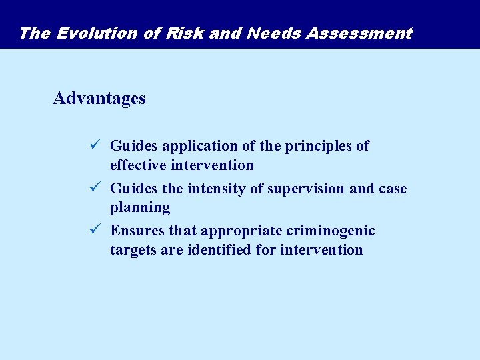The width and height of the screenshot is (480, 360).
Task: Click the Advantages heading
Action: [99, 99]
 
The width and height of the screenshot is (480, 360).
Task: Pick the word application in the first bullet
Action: [194, 147]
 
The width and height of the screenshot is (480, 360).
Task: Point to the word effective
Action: [138, 165]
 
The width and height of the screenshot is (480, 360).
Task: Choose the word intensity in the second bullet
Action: [217, 189]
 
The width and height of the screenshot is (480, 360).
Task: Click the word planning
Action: [140, 208]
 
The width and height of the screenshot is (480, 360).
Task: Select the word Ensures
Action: [137, 231]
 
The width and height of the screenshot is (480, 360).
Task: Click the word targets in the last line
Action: [134, 250]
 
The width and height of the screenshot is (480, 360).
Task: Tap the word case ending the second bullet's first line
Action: [392, 189]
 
